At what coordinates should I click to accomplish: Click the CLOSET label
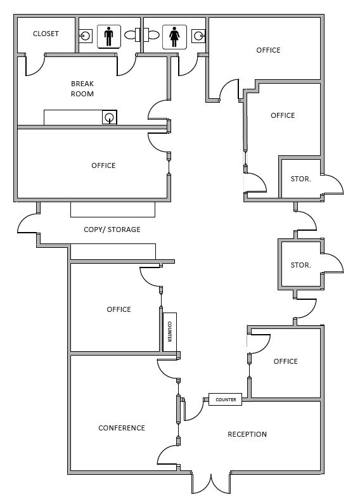46,34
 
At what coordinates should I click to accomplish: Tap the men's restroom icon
108,36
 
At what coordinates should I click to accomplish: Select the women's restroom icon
174,36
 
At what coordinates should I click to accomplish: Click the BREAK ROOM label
82,89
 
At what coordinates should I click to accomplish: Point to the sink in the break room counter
110,117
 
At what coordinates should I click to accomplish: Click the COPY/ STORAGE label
112,229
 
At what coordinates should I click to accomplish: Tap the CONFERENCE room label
122,428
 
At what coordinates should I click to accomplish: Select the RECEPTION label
247,434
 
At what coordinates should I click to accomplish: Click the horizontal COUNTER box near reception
226,399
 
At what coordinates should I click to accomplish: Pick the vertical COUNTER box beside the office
169,332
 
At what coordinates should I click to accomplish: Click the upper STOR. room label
300,179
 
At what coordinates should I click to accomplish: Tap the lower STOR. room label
300,265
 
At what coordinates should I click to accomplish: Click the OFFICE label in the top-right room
268,50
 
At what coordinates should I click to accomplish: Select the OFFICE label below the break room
103,165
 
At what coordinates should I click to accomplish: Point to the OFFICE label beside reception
285,361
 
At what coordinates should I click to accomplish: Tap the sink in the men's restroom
85,35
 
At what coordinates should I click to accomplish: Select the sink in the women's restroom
200,35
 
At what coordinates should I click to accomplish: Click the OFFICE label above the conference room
119,309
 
